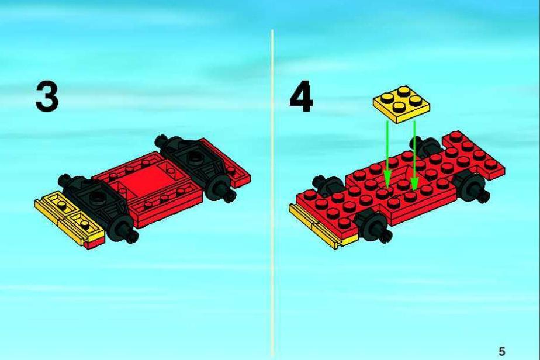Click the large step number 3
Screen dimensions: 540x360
point(47,96)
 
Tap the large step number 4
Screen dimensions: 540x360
point(301,96)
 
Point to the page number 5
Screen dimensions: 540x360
point(502,351)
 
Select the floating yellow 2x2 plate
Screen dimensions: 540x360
point(401,104)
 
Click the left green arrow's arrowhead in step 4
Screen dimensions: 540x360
point(387,179)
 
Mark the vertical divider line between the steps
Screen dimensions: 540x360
point(272,193)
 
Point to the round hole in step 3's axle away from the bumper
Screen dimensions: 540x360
point(193,156)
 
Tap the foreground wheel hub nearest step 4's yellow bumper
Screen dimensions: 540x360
point(372,226)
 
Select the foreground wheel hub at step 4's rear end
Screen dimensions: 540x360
point(472,186)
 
